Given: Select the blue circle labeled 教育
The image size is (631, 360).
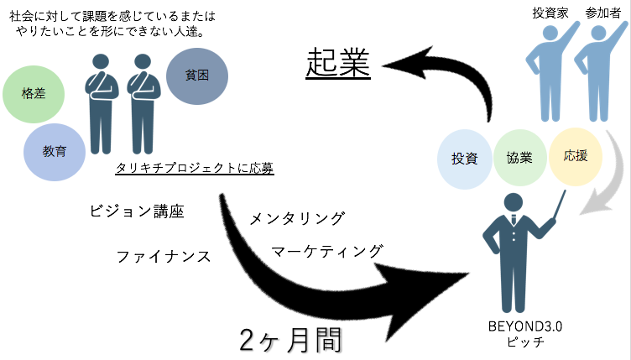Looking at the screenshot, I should click(55, 152).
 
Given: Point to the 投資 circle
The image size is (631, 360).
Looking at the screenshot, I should click(465, 158).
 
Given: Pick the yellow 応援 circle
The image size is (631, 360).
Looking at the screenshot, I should click(576, 156).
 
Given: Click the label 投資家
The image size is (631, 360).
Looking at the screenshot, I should click(550, 13).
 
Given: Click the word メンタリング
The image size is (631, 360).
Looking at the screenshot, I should click(297, 218).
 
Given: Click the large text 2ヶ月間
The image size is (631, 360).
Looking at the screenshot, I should click(289, 340).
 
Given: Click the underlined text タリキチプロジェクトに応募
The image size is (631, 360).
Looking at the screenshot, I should click(196, 168).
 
